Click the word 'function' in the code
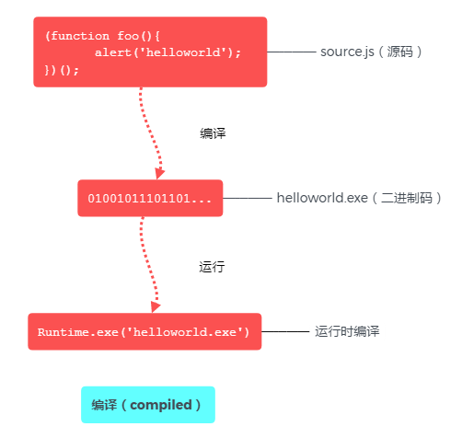(x=75, y=36)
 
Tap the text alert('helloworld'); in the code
(x=167, y=52)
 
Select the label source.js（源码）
(x=371, y=52)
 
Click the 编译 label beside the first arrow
(x=213, y=133)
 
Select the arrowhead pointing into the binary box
(x=159, y=172)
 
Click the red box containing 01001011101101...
(x=150, y=198)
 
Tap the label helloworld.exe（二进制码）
(x=360, y=198)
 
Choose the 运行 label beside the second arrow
(x=213, y=267)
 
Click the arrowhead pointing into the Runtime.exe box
(x=155, y=306)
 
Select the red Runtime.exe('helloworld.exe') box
(x=144, y=331)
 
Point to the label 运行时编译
(x=348, y=331)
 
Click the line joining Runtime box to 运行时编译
(x=284, y=331)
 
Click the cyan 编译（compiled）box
(x=147, y=405)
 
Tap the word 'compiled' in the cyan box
(x=166, y=405)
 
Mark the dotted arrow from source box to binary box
(x=147, y=129)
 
